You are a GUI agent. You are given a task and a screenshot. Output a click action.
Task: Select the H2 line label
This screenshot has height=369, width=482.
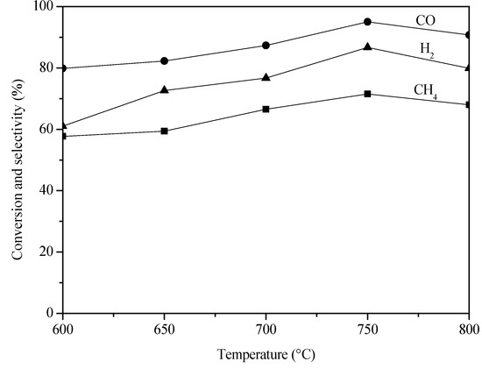tap(425, 53)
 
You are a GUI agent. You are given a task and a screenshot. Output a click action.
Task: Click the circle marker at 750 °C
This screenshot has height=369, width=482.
tap(367, 22)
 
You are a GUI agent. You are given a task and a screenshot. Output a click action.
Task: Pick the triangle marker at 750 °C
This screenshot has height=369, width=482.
tap(367, 46)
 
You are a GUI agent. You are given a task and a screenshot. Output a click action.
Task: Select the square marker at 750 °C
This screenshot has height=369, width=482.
tap(367, 94)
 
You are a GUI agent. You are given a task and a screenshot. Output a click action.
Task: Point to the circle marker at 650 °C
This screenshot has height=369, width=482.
tap(165, 60)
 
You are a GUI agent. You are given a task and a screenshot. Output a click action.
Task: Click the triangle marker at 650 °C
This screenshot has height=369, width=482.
tap(165, 90)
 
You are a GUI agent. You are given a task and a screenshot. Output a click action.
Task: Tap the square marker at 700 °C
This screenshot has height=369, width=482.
tap(266, 109)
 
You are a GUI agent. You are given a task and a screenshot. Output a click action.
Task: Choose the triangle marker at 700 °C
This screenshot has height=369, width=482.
tap(266, 78)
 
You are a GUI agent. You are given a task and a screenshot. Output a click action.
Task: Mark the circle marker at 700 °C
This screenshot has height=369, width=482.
tap(266, 46)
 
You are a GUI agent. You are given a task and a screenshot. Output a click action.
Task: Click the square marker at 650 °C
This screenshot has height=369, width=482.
tap(165, 131)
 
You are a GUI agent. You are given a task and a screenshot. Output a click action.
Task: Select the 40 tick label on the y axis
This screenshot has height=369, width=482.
tap(49, 190)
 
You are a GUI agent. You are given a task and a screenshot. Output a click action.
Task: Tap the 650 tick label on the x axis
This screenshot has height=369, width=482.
tap(165, 328)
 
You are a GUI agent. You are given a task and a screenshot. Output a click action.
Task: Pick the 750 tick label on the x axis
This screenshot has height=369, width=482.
tap(367, 328)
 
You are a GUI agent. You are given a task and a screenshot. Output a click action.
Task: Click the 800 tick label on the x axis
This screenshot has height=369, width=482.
tap(468, 328)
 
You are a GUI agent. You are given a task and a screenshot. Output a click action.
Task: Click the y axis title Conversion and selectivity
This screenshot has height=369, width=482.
tap(17, 160)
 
